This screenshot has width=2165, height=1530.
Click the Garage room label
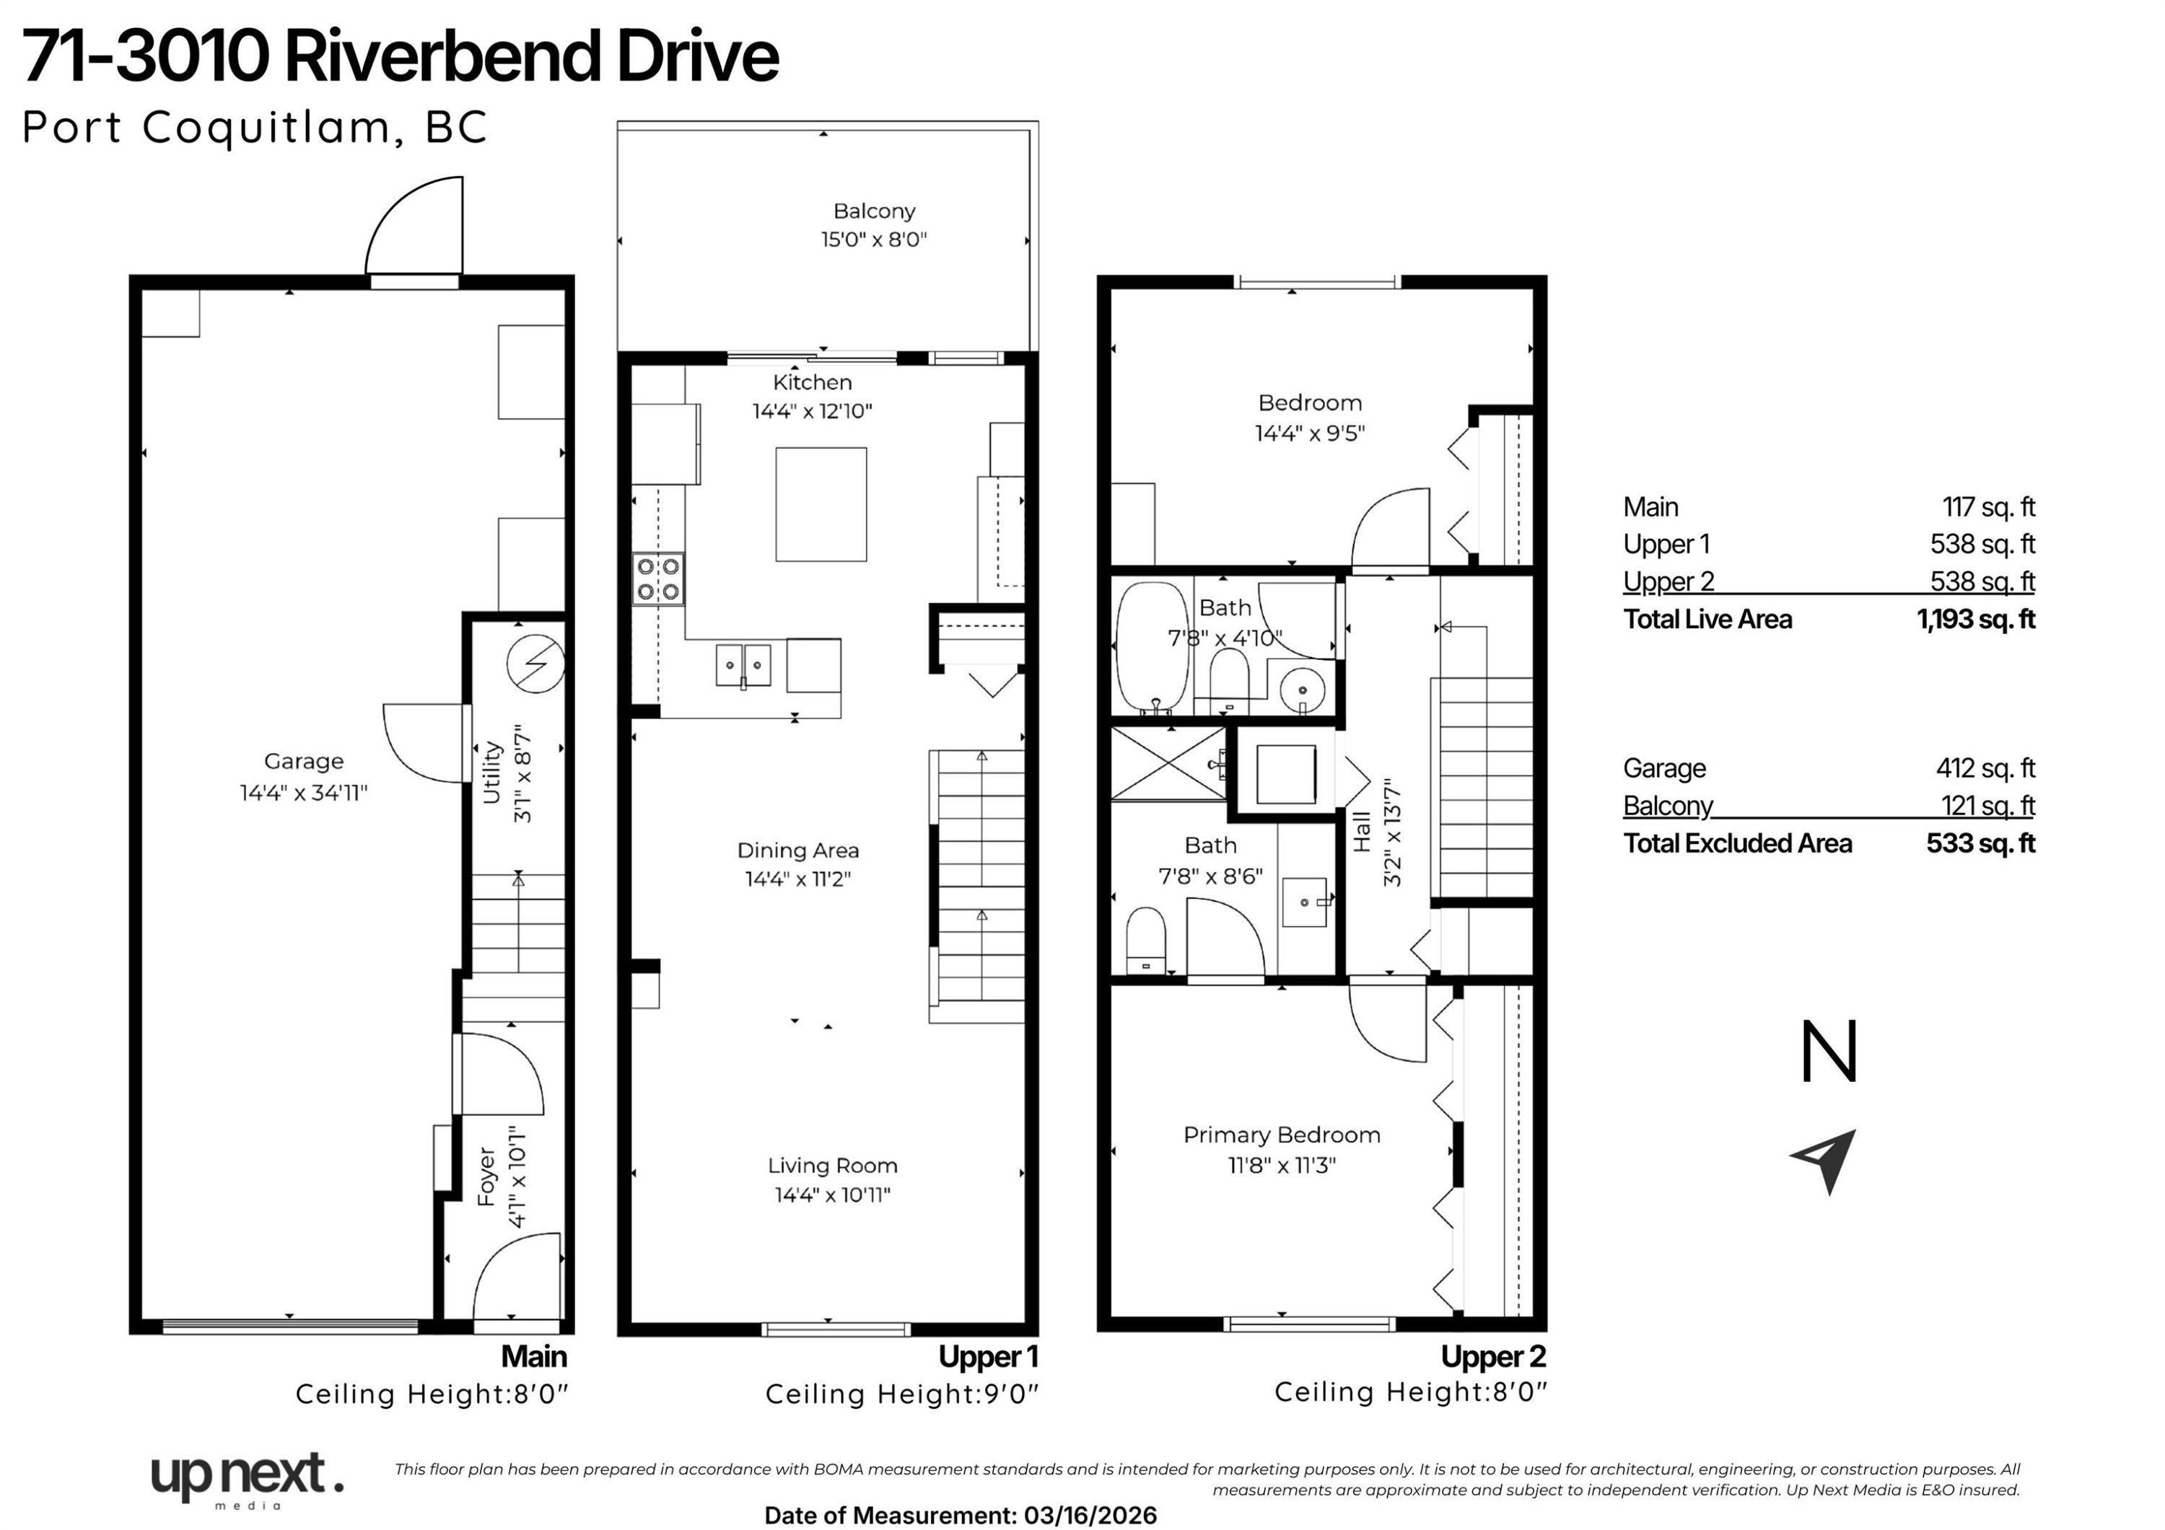pyautogui.click(x=304, y=761)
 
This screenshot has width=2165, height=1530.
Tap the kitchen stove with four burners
pyautogui.click(x=658, y=579)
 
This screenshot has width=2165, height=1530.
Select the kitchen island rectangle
pyautogui.click(x=821, y=504)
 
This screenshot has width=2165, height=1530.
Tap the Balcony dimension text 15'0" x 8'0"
pyautogui.click(x=874, y=239)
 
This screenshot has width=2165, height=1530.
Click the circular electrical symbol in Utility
pyautogui.click(x=535, y=664)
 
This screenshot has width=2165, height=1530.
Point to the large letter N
pyautogui.click(x=1829, y=1051)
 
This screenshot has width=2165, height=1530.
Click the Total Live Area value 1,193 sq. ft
pyautogui.click(x=1975, y=620)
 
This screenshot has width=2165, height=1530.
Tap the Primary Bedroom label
pyautogui.click(x=1282, y=1135)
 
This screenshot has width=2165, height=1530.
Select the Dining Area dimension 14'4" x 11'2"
pyautogui.click(x=797, y=879)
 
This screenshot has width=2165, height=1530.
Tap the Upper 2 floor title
pyautogui.click(x=1494, y=1357)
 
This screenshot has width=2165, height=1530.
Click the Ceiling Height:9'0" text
pyautogui.click(x=902, y=1394)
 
